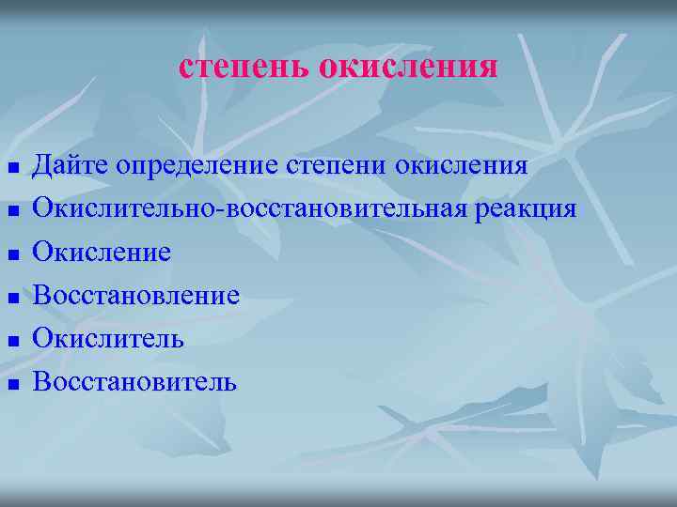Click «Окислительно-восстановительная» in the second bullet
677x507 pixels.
click(x=247, y=208)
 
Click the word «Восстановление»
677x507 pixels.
click(x=136, y=296)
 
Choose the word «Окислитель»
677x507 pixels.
click(x=108, y=338)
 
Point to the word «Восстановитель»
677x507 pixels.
click(x=135, y=381)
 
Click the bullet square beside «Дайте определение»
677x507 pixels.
click(x=13, y=170)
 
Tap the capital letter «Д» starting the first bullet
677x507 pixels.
click(x=43, y=167)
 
